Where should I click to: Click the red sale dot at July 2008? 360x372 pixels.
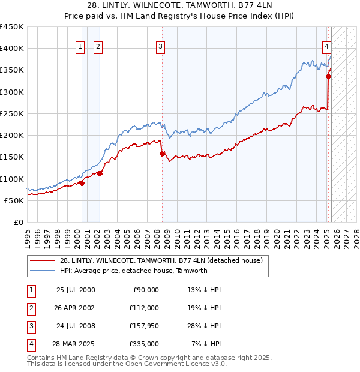(162, 154)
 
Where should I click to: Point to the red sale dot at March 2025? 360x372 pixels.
(329, 76)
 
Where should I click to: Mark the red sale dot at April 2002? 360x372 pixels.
(100, 173)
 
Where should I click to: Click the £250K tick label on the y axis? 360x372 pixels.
(12, 113)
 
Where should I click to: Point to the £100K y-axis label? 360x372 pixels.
(12, 179)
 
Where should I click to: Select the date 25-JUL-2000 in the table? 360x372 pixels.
(76, 290)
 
